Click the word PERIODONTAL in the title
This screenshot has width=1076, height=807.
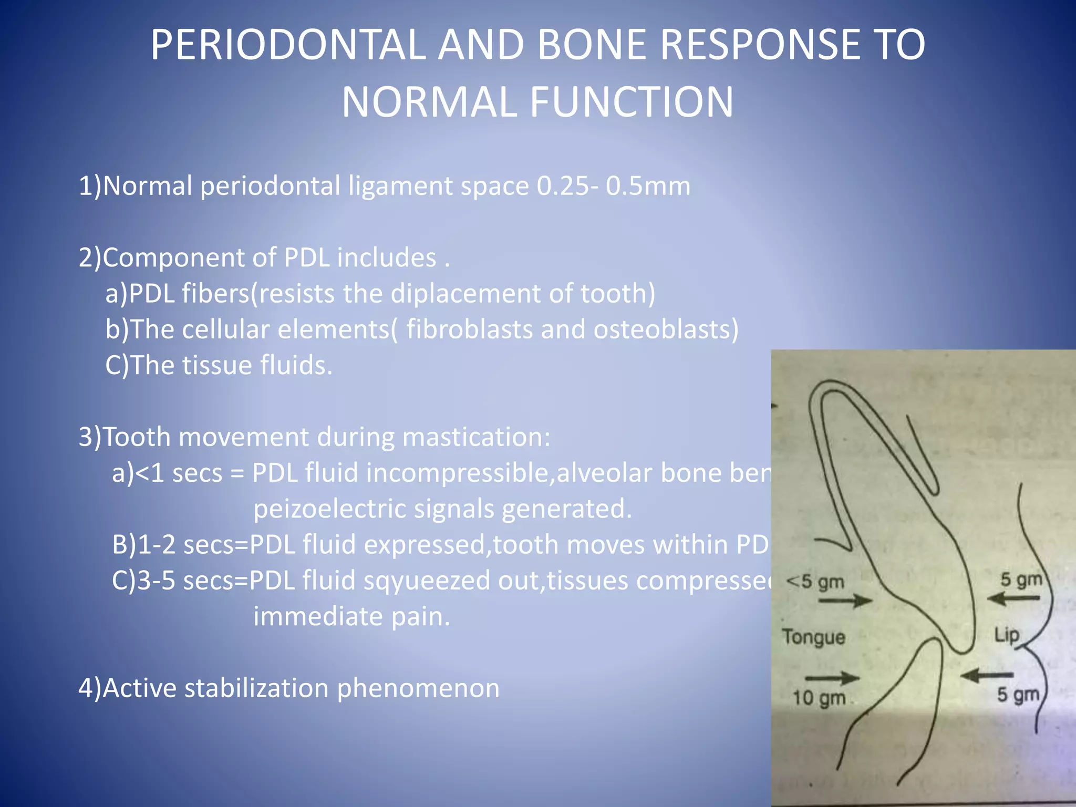(x=288, y=45)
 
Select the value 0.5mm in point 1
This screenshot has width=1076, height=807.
(x=648, y=186)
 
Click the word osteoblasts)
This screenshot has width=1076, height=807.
(x=666, y=329)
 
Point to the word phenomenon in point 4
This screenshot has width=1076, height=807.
(x=418, y=688)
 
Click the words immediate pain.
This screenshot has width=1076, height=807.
(x=351, y=616)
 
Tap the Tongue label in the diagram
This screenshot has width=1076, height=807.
(x=813, y=637)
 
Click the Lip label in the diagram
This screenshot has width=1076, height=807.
(x=1006, y=635)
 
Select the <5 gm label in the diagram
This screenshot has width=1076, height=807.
(x=815, y=582)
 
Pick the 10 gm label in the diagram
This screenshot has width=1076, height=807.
(x=819, y=698)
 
